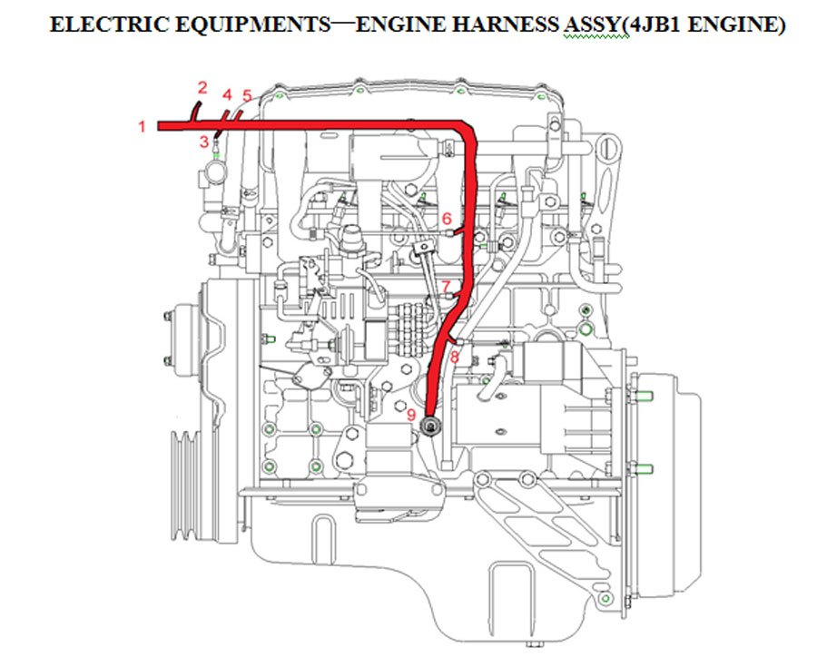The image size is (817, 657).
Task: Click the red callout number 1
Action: [x=142, y=126]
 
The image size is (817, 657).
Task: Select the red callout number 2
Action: [x=202, y=87]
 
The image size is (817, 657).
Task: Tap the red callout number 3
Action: [x=203, y=142]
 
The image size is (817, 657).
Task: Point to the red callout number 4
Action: [x=227, y=94]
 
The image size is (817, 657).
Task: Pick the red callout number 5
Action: [x=247, y=96]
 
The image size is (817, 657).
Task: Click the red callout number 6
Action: [x=447, y=219]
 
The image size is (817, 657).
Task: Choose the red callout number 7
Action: [x=446, y=287]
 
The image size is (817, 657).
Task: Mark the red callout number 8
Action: [x=455, y=357]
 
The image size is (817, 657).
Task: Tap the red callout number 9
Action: [x=411, y=416]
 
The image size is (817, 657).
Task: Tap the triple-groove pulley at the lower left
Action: [x=184, y=485]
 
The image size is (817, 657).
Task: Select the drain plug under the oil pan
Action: [x=535, y=644]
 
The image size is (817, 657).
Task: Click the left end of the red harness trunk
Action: [x=158, y=125]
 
